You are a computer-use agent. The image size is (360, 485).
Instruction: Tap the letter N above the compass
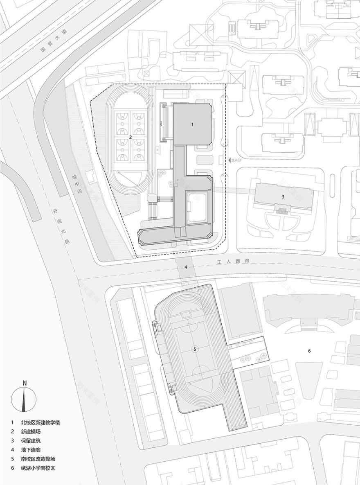point(25,383)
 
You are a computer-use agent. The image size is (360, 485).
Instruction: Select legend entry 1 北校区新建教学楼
point(43,422)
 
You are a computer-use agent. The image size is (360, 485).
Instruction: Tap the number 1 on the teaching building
point(192,124)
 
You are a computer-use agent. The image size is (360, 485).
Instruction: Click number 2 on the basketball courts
point(130,138)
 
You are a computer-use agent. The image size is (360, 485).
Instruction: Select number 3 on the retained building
point(283,197)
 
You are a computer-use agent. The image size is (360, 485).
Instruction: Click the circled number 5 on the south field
point(195,349)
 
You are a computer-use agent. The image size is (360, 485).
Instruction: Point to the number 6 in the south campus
point(309,351)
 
